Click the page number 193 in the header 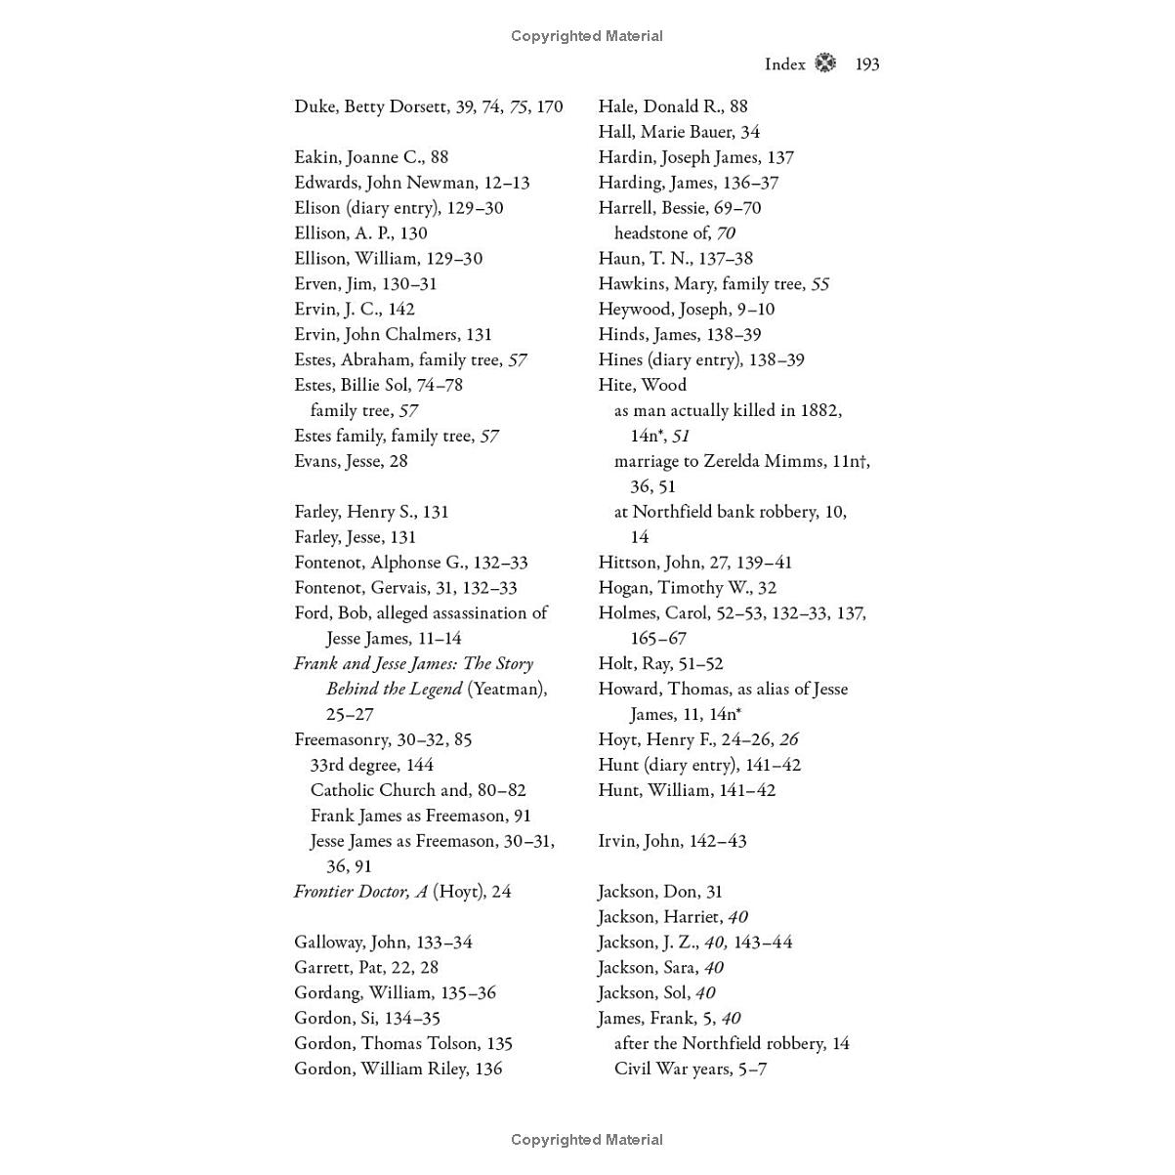pyautogui.click(x=866, y=64)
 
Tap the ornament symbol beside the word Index pyautogui.click(x=825, y=63)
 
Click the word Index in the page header pyautogui.click(x=784, y=64)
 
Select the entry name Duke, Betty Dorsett pyautogui.click(x=371, y=106)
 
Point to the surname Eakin pyautogui.click(x=316, y=157)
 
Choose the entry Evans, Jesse pyautogui.click(x=351, y=461)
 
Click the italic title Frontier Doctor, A pyautogui.click(x=360, y=892)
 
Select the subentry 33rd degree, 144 pyautogui.click(x=371, y=765)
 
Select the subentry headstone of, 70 pyautogui.click(x=674, y=233)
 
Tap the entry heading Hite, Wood pyautogui.click(x=642, y=385)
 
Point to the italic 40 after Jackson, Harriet pyautogui.click(x=737, y=917)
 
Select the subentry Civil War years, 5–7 pyautogui.click(x=690, y=1069)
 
